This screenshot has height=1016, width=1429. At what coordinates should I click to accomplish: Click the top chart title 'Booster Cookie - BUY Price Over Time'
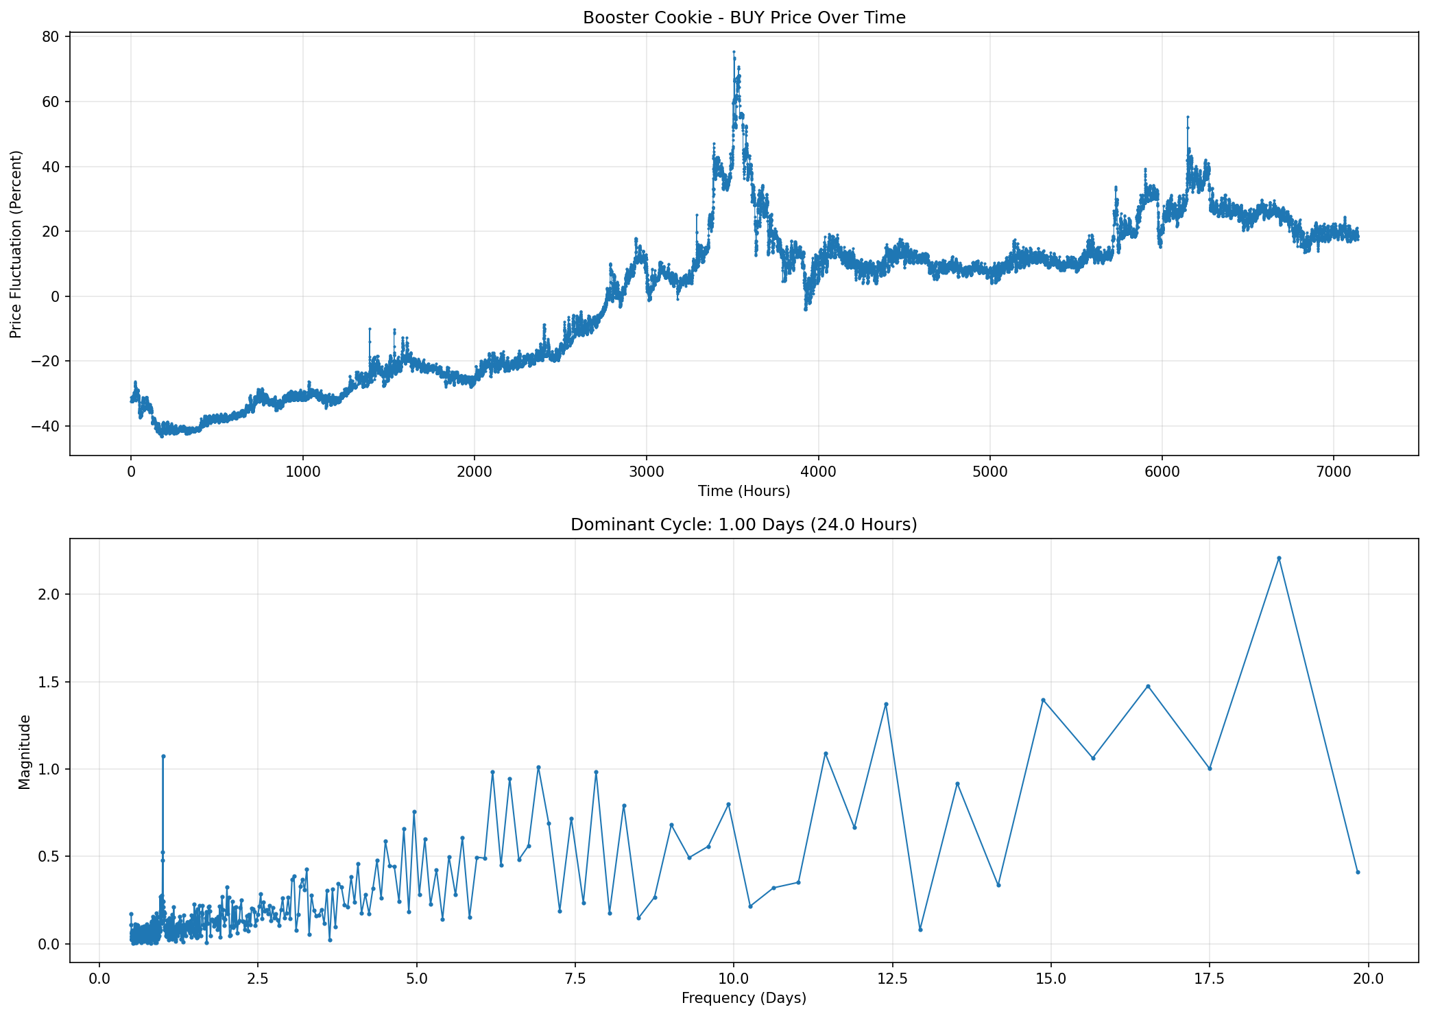(744, 18)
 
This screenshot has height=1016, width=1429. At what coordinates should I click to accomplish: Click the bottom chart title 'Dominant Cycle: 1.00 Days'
(744, 525)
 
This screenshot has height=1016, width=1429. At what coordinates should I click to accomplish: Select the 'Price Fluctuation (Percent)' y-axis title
(16, 244)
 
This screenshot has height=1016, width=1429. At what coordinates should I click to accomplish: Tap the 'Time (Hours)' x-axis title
(744, 491)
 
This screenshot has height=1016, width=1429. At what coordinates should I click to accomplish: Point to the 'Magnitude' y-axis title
(25, 751)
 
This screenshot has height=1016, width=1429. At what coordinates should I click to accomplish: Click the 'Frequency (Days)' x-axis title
(744, 999)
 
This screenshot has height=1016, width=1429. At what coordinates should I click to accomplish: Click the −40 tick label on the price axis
(47, 426)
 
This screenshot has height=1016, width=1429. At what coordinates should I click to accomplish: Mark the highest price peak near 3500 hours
(734, 51)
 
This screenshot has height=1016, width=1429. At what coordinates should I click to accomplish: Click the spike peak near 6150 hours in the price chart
(1188, 117)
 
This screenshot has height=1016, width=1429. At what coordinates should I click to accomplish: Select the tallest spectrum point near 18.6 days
(1279, 558)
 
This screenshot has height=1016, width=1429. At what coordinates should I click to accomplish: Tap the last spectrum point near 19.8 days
(1358, 872)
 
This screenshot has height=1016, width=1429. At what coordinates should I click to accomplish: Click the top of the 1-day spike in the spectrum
(163, 756)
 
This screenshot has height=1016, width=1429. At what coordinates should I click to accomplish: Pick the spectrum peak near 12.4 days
(886, 704)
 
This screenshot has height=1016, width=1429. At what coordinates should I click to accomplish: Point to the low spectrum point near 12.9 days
(920, 930)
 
